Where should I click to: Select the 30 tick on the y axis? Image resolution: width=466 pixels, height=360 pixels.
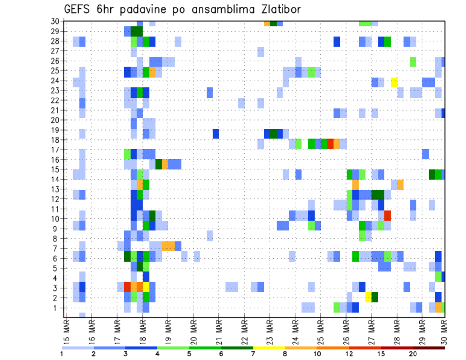click(x=55, y=21)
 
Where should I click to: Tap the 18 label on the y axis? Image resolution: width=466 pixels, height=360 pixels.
click(x=55, y=140)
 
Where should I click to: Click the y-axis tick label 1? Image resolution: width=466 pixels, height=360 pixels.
click(x=57, y=308)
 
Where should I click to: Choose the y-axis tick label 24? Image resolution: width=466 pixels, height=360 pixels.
click(x=55, y=81)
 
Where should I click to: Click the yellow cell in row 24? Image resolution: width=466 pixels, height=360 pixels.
click(x=394, y=81)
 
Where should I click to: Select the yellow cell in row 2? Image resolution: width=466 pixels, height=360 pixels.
click(x=368, y=297)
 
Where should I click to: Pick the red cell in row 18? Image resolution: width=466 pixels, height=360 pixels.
click(x=331, y=144)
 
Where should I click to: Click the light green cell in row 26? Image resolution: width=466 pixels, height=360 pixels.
click(x=413, y=62)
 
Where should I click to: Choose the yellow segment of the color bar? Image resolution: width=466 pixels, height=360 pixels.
click(x=269, y=348)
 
